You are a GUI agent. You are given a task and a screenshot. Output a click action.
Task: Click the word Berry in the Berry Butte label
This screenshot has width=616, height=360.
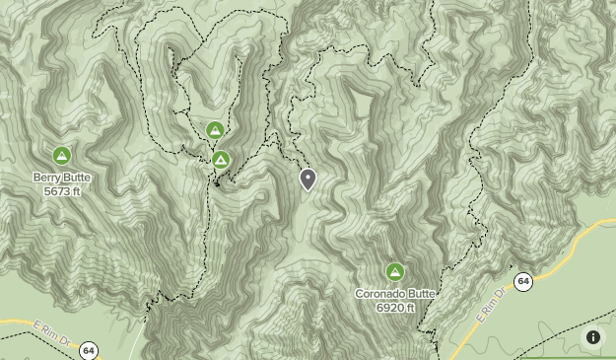pos(48,179)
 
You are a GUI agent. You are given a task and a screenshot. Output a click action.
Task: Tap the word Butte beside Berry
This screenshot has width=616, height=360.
pos(78,179)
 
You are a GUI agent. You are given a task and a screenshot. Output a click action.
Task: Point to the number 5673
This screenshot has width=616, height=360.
pos(55,191)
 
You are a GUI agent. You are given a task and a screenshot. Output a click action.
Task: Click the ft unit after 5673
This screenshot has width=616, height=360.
pos(76,191)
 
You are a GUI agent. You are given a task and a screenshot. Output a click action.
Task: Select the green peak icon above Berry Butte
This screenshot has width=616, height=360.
pos(61,156)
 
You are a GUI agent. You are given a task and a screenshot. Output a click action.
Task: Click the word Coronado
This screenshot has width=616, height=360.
pos(381,295)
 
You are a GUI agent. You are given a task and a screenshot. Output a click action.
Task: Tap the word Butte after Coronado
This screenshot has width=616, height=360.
pos(422,295)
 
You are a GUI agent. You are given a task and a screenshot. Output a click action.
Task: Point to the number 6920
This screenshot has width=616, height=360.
pos(388,308)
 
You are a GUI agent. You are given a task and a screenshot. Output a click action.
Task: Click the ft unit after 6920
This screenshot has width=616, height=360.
pos(409,308)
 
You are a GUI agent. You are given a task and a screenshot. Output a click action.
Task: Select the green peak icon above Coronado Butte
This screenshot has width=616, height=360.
pos(394,272)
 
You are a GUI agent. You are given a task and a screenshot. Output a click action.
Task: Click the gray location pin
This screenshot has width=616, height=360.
pos(308,179)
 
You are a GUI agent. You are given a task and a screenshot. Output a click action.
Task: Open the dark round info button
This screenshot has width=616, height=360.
pos(593,337)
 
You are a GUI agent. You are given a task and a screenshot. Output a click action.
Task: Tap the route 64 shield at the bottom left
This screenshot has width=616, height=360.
pos(89,350)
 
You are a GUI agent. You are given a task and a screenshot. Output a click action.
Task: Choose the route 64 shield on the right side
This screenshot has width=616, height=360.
pos(523,282)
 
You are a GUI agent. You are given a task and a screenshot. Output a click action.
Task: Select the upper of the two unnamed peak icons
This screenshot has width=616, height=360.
pos(215,130)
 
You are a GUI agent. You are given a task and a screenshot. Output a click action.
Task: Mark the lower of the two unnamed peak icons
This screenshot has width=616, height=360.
pos(221,160)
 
